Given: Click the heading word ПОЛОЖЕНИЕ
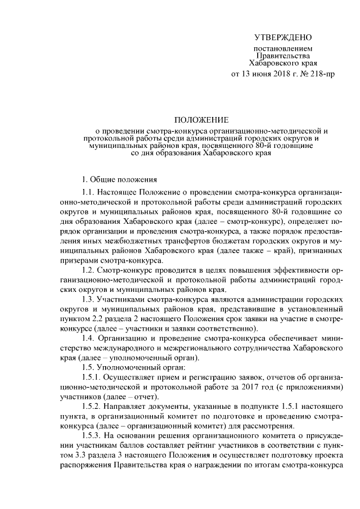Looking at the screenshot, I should click(x=201, y=120).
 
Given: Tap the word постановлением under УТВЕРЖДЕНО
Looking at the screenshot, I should click(x=282, y=49).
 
